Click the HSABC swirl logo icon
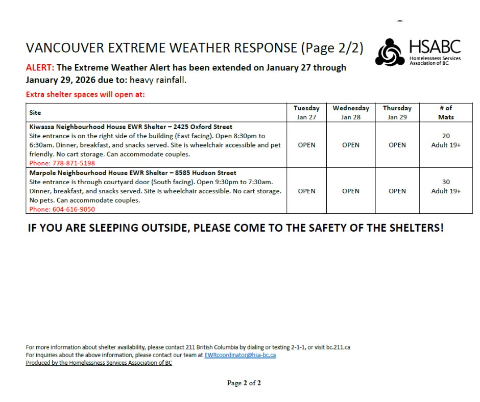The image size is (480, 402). (x=390, y=52)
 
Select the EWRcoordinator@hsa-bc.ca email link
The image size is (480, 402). (x=240, y=355)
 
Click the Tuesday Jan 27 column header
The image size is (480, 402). (x=306, y=113)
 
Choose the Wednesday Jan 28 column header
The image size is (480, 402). (x=351, y=113)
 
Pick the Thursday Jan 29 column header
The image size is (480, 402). (x=397, y=113)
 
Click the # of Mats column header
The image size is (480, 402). (x=445, y=113)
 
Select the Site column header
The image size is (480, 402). (x=35, y=113)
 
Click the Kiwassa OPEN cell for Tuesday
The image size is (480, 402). (x=306, y=145)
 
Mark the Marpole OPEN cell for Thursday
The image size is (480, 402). (x=397, y=191)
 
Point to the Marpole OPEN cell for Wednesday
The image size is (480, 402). (x=351, y=191)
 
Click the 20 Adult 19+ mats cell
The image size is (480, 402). (x=445, y=141)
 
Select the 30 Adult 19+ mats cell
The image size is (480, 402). (x=445, y=187)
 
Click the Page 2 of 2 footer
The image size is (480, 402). (x=244, y=383)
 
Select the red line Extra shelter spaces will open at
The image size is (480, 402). (x=85, y=94)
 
